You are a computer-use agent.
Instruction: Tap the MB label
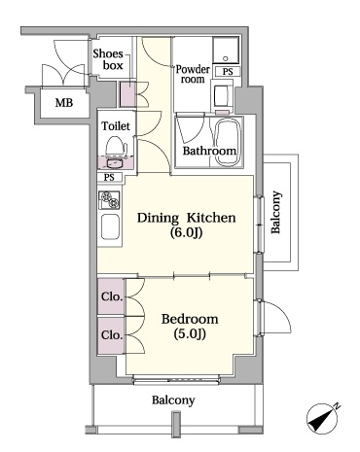pyautogui.click(x=63, y=102)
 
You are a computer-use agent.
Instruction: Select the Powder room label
pyautogui.click(x=192, y=76)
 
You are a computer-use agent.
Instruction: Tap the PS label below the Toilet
pyautogui.click(x=109, y=177)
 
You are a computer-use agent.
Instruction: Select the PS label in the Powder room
pyautogui.click(x=227, y=72)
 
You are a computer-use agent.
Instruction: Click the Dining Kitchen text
pyautogui.click(x=186, y=218)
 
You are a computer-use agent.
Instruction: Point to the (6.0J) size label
pyautogui.click(x=186, y=235)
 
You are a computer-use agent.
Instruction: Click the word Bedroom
pyautogui.click(x=190, y=318)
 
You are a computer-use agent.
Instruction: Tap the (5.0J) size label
pyautogui.click(x=190, y=334)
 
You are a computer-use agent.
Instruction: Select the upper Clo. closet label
pyautogui.click(x=110, y=296)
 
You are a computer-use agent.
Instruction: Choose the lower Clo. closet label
pyautogui.click(x=110, y=333)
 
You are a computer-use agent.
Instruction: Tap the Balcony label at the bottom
pyautogui.click(x=172, y=400)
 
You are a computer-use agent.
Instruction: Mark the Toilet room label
pyautogui.click(x=116, y=126)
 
